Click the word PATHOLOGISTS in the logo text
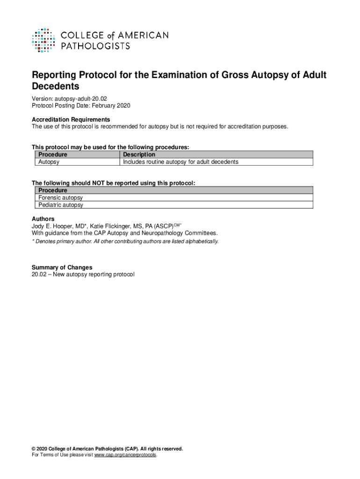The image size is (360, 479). [x=96, y=45]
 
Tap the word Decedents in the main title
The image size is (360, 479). [x=55, y=87]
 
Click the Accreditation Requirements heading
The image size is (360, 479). [x=71, y=120]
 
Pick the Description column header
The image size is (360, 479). [x=139, y=155]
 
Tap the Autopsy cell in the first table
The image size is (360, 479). [x=49, y=162]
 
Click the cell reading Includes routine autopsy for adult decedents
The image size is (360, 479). [x=180, y=162]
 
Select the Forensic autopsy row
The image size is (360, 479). [x=60, y=198]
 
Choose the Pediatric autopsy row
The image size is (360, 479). [x=60, y=205]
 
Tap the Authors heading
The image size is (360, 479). [x=43, y=219]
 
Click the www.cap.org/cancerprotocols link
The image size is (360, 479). [x=125, y=455]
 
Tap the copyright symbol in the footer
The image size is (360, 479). [x=34, y=449]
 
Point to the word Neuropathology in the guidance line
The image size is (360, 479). [x=162, y=233]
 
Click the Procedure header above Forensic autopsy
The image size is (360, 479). [x=53, y=190]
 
